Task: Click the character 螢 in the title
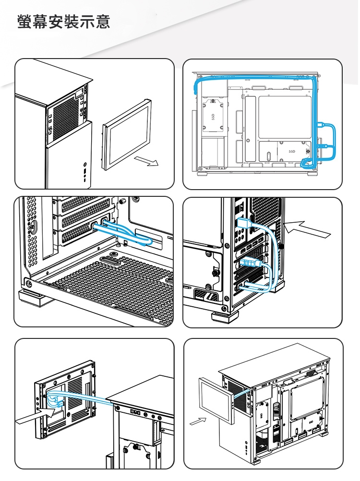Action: (25, 22)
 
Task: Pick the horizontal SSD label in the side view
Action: (292, 152)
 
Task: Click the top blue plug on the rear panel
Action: (244, 223)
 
